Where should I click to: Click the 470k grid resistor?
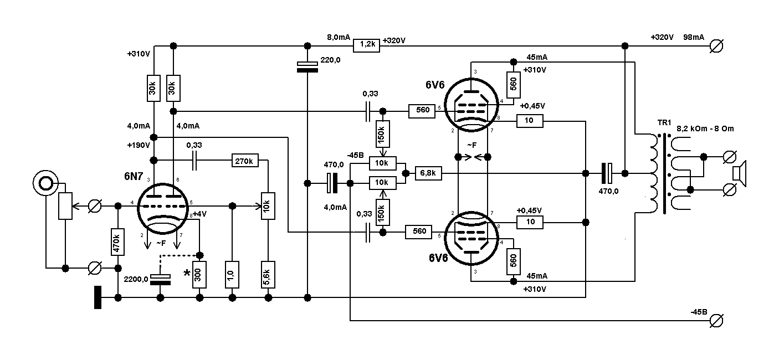tap(117, 241)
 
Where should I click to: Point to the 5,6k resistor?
tap(268, 273)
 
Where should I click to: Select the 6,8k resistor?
tap(428, 173)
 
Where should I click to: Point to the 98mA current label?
tap(694, 37)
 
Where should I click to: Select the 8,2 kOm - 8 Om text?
tap(705, 128)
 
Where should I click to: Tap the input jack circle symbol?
tap(45, 182)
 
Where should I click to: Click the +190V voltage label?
tap(138, 146)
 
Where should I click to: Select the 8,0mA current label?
tap(339, 37)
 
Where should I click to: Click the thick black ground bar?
tap(98, 297)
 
